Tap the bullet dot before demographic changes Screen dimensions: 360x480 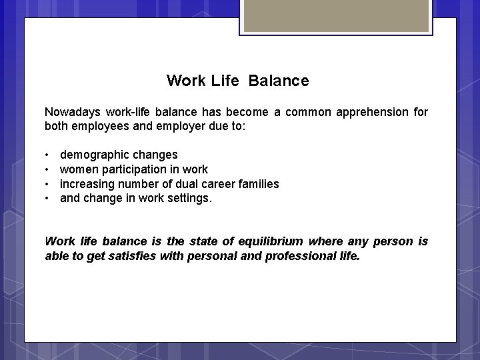(x=48, y=155)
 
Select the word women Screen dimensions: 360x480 (x=77, y=169)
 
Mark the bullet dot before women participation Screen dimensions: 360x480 (x=48, y=169)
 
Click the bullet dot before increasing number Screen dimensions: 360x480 (x=48, y=184)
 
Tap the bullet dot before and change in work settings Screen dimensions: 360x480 (x=48, y=198)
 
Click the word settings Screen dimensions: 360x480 (x=190, y=198)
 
